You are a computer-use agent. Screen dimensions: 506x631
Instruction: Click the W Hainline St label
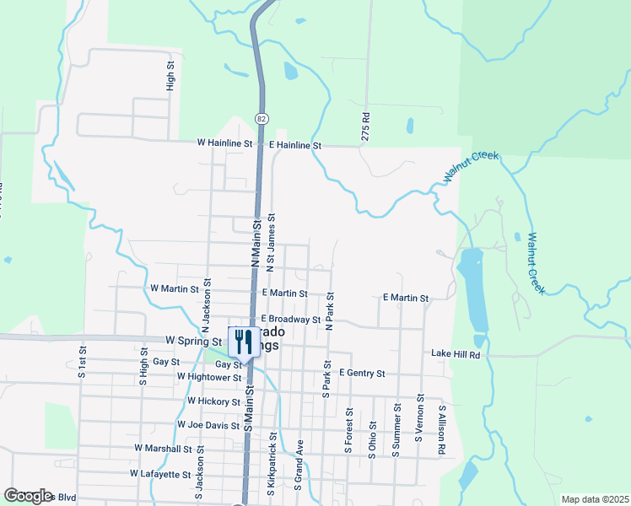tap(225, 144)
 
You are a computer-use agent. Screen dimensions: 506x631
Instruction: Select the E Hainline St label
tap(296, 146)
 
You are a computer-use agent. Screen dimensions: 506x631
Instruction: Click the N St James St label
tap(272, 242)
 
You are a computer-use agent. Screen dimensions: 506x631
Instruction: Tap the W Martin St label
tap(174, 288)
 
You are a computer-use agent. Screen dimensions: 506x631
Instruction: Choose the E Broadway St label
tap(290, 320)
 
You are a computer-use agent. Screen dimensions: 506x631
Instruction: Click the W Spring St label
tap(193, 341)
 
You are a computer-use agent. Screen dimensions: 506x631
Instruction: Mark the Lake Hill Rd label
tap(456, 355)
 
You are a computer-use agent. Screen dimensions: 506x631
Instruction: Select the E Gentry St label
tap(362, 373)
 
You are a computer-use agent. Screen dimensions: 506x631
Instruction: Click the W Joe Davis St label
tap(208, 425)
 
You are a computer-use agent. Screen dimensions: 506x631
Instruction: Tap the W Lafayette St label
tap(161, 474)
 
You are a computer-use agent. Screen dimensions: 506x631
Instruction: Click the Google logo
tap(28, 496)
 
